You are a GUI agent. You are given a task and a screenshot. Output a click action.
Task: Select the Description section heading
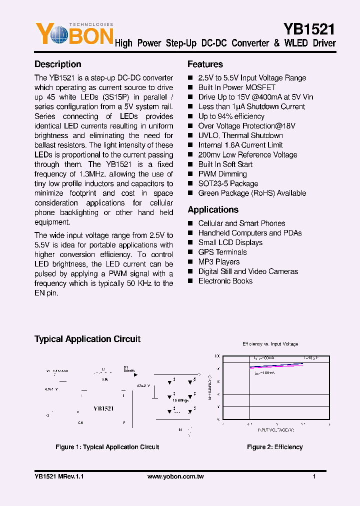click(x=57, y=64)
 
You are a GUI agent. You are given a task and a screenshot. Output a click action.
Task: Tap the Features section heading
click(x=205, y=64)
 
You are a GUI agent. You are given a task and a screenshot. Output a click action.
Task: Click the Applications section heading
click(x=213, y=210)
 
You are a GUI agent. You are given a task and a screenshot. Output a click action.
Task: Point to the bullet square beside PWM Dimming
click(x=190, y=174)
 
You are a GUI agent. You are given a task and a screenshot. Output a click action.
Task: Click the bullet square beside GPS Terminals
click(x=190, y=252)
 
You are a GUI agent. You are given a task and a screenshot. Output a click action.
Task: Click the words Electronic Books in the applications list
click(x=225, y=281)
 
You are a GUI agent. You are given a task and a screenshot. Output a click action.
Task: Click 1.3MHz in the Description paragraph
click(x=100, y=174)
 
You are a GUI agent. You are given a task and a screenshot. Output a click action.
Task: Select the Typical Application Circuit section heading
click(x=87, y=339)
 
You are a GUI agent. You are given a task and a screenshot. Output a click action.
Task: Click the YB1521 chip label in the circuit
click(x=103, y=408)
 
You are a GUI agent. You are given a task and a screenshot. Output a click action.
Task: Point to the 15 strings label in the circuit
click(x=180, y=400)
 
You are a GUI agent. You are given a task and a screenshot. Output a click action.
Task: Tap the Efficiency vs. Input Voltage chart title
click(x=270, y=344)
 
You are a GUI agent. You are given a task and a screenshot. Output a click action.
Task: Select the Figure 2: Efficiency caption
click(x=274, y=447)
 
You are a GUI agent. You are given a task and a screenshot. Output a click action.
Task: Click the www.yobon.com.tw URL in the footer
click(x=175, y=476)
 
